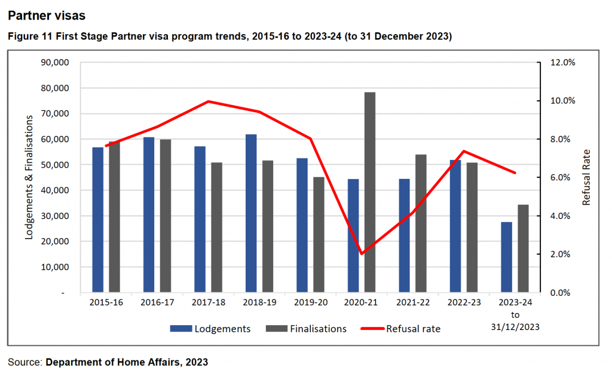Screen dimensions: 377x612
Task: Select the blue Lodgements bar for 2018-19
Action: pos(251,214)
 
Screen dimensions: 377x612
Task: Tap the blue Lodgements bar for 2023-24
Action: pos(507,257)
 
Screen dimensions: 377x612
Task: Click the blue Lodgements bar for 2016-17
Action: pos(149,215)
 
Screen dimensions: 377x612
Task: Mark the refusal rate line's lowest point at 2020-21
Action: pos(362,254)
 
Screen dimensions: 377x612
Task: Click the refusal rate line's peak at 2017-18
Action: pos(209,101)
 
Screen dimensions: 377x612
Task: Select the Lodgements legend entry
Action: pos(210,329)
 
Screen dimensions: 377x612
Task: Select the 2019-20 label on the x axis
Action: pos(310,302)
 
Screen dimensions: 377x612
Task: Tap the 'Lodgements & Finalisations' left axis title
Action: pos(28,178)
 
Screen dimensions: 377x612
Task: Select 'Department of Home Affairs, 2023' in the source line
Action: pos(127,362)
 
